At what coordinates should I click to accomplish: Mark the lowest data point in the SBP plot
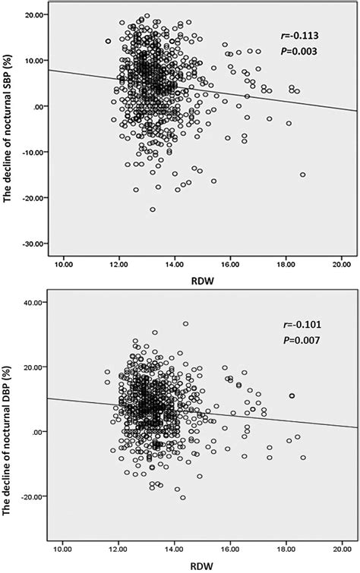153,209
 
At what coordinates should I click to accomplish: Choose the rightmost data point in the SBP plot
303,175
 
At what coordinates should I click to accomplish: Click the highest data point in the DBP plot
185,324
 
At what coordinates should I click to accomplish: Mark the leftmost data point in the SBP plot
108,41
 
